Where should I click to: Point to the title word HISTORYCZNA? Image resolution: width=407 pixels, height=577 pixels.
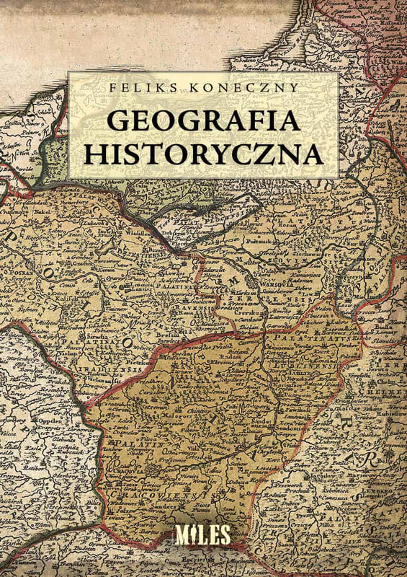203,154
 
